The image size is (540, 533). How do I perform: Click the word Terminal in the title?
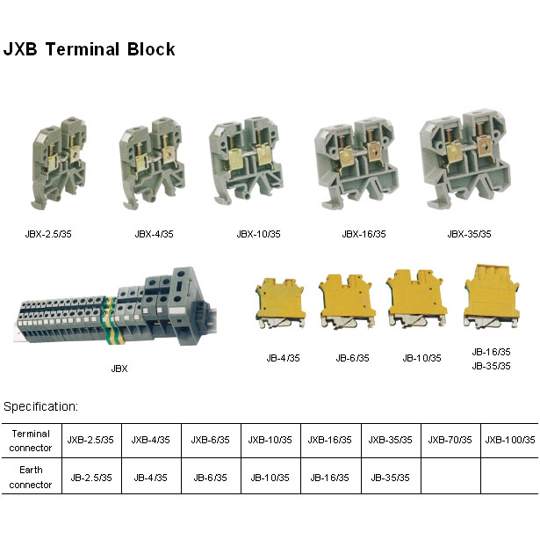pos(83,49)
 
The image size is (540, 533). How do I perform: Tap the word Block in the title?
pos(151,49)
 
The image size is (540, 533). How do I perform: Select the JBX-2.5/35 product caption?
pos(48,234)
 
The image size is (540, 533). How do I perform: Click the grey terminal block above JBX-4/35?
pos(152,163)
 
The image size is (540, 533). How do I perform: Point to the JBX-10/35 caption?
pos(259,234)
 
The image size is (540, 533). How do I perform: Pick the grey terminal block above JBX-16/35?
pos(356,163)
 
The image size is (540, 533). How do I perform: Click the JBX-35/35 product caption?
pos(469,234)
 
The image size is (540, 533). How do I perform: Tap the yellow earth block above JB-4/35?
pos(280,303)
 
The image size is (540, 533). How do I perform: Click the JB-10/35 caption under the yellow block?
pos(421,358)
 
